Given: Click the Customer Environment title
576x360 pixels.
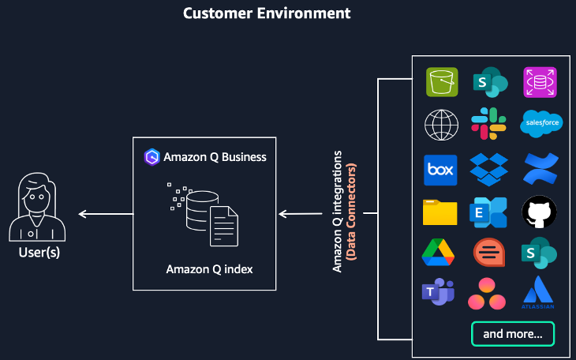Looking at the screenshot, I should (267, 13).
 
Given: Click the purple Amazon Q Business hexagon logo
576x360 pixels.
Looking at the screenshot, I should (152, 156).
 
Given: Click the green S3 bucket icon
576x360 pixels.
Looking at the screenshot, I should (442, 81).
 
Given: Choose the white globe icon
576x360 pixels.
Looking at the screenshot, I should (442, 125).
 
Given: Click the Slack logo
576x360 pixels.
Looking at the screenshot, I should (489, 124).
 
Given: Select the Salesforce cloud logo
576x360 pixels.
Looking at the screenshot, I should (540, 124).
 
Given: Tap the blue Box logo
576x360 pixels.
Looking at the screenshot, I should (442, 169).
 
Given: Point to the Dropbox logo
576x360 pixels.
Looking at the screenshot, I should (489, 169).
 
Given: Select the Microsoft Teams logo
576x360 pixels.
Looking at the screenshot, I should (439, 293).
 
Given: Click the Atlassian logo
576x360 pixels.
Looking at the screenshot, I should (540, 293).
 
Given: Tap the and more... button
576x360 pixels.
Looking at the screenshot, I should (512, 334).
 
